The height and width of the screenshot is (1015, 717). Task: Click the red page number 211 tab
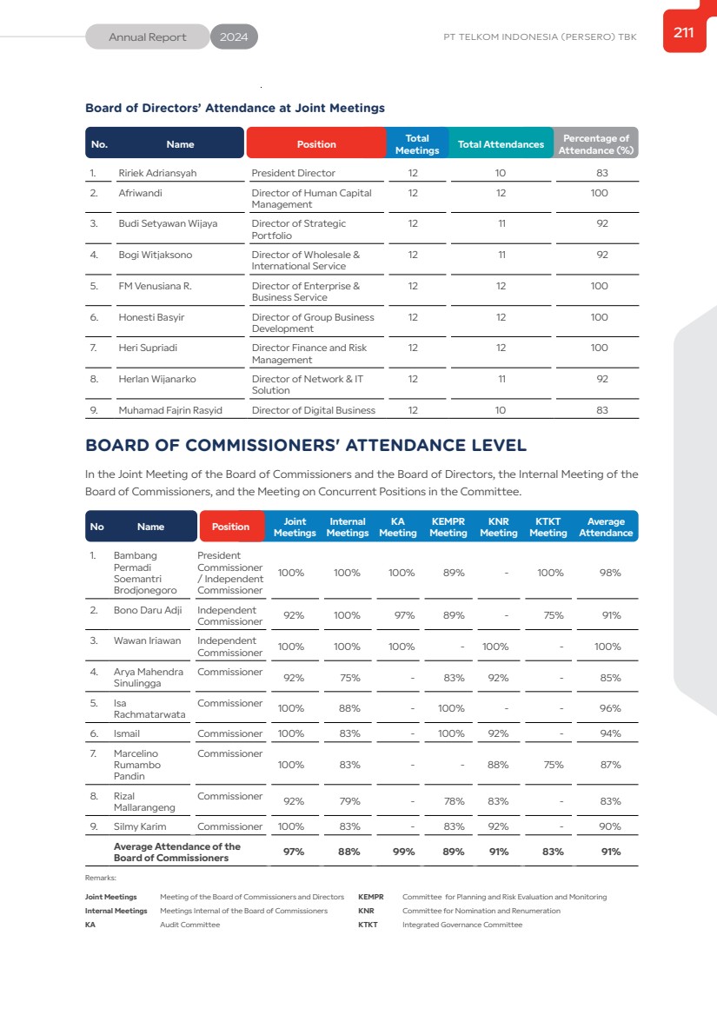(684, 33)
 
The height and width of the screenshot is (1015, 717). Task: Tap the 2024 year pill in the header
(234, 37)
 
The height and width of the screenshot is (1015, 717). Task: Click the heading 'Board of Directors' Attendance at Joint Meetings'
(235, 108)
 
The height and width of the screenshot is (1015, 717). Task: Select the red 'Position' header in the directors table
(316, 144)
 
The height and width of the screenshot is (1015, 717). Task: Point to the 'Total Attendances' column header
(501, 144)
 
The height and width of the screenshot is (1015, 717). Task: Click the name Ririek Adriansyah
(157, 173)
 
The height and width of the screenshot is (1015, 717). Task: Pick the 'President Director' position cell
(293, 173)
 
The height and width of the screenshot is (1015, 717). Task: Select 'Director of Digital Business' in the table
(314, 410)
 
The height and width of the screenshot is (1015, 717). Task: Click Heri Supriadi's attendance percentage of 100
(599, 348)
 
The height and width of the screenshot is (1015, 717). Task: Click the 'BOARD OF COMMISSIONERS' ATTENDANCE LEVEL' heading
(306, 446)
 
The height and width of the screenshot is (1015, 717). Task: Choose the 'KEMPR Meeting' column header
(448, 527)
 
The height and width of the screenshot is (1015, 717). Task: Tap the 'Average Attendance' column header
(606, 527)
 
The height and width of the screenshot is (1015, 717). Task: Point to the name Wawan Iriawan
(148, 640)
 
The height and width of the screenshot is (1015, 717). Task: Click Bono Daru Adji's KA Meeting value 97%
(402, 615)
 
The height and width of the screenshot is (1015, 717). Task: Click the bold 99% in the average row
(403, 852)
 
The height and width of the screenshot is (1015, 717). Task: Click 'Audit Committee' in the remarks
(189, 925)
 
